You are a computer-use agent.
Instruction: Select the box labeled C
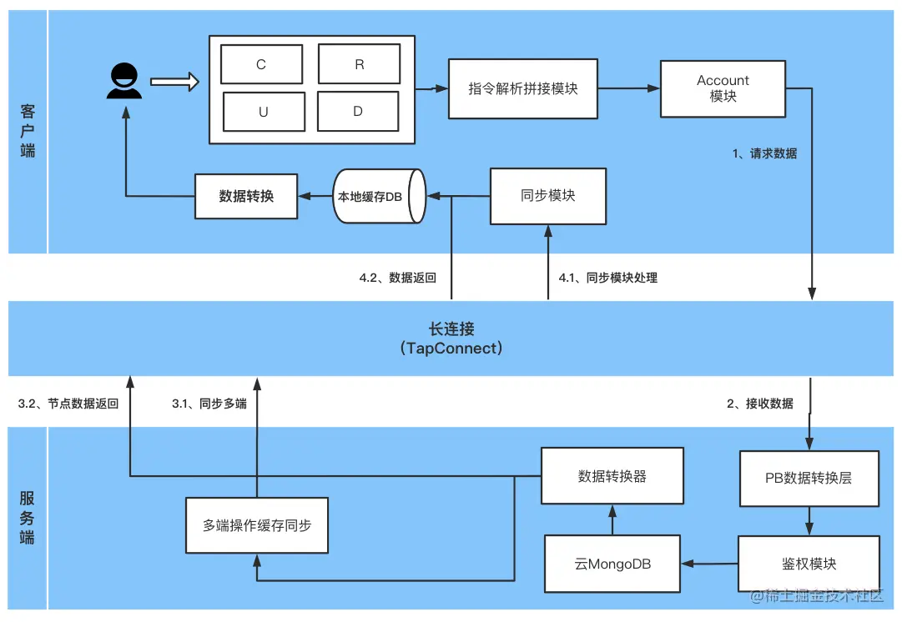(261, 64)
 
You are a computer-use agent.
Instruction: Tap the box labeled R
(360, 64)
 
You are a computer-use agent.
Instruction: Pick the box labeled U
(263, 112)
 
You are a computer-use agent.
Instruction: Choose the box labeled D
(358, 112)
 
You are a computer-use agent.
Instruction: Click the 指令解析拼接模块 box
(523, 88)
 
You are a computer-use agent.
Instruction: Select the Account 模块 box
(723, 88)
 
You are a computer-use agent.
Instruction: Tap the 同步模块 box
(547, 196)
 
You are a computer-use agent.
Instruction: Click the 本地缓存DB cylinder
(380, 197)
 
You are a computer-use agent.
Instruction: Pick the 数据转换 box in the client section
(246, 197)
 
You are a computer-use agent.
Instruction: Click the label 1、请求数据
(764, 153)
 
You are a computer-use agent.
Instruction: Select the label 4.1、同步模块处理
(607, 278)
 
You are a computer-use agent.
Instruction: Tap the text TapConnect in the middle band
(451, 349)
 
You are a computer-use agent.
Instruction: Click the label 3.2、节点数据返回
(68, 404)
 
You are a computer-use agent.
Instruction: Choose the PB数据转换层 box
(809, 479)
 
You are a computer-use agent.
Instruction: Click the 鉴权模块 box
(809, 564)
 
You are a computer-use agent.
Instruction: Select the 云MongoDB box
(612, 564)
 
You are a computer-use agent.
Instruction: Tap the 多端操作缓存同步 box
(257, 526)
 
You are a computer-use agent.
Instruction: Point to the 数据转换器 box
(612, 476)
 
